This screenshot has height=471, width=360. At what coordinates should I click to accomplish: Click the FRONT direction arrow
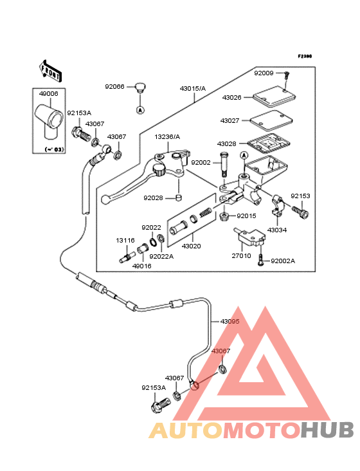(x=51, y=71)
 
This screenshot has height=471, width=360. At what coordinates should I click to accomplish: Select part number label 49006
(x=49, y=94)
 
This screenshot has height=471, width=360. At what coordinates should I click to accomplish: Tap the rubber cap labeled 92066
(x=139, y=87)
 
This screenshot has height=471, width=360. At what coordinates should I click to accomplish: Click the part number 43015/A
(x=193, y=89)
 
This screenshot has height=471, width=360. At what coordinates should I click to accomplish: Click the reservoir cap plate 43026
(x=274, y=97)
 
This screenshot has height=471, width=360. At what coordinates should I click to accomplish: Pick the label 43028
(x=226, y=144)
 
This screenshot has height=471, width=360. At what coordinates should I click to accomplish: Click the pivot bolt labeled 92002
(x=224, y=165)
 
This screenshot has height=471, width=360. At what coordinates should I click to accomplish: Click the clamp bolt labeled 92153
(x=300, y=211)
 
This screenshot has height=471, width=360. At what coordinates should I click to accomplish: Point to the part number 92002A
(x=283, y=261)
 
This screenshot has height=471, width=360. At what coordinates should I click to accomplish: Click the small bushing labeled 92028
(x=179, y=198)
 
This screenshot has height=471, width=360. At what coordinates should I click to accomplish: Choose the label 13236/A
(x=167, y=137)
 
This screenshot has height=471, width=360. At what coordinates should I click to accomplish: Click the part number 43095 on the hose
(x=230, y=322)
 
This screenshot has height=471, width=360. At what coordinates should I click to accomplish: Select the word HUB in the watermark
(x=327, y=430)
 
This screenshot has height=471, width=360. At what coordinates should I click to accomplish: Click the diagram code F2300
(x=305, y=56)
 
